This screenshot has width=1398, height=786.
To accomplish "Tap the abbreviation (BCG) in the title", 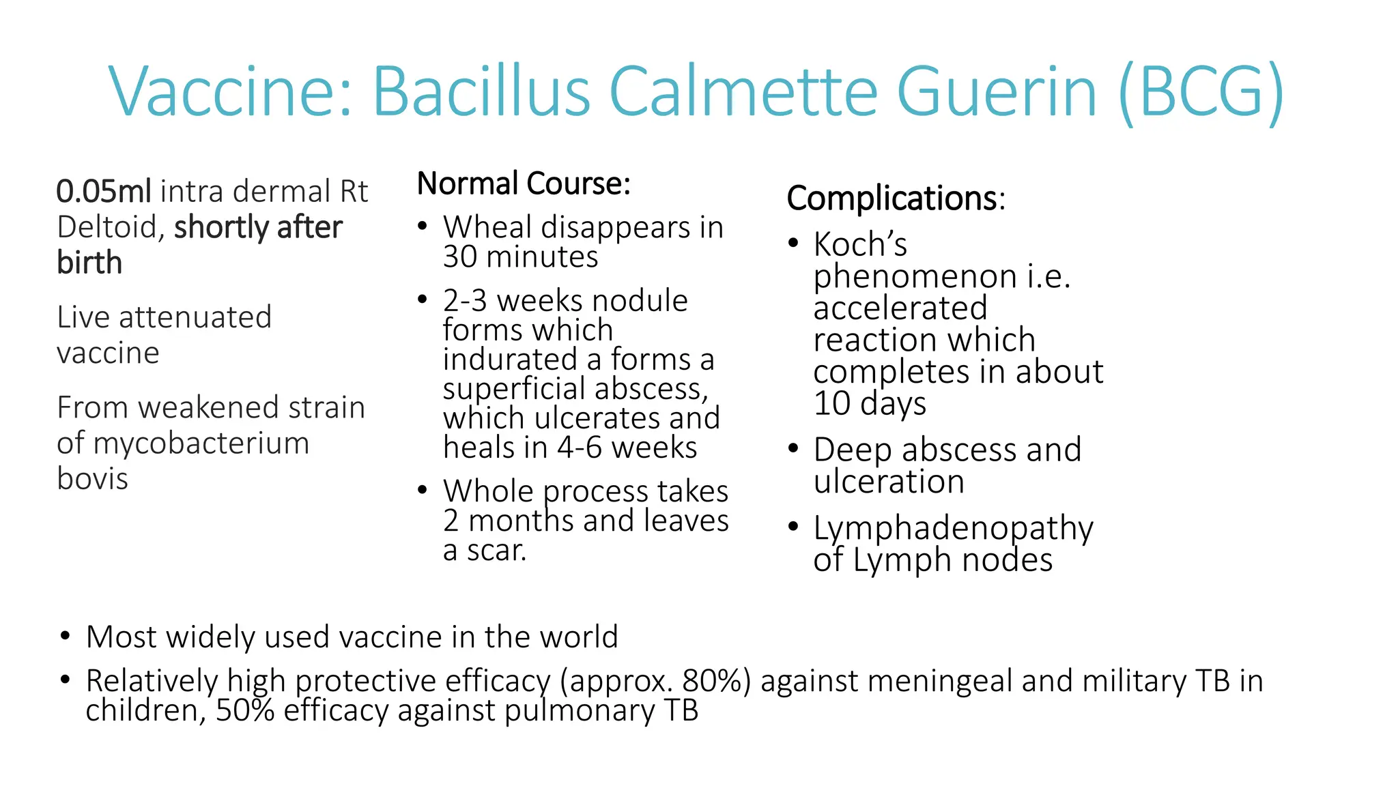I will point(1201,93).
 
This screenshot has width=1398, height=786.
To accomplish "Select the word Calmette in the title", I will point(743,91).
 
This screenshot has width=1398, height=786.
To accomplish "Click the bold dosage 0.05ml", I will point(104,192).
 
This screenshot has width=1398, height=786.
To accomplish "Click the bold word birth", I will point(89,263).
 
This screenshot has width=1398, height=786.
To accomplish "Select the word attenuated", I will point(195,317).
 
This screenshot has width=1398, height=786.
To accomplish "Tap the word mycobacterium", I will point(201,443).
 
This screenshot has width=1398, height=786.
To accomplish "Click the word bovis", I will point(92,479).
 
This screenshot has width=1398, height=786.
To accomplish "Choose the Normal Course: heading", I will point(524,184).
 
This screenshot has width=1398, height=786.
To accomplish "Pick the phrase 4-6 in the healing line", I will point(580,448).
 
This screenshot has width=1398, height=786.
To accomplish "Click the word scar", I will point(496,551).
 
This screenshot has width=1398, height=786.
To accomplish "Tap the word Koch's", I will point(860,244).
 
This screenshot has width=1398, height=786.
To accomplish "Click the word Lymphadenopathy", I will point(953,528).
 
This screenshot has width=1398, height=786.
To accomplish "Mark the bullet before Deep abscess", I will point(793,449).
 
